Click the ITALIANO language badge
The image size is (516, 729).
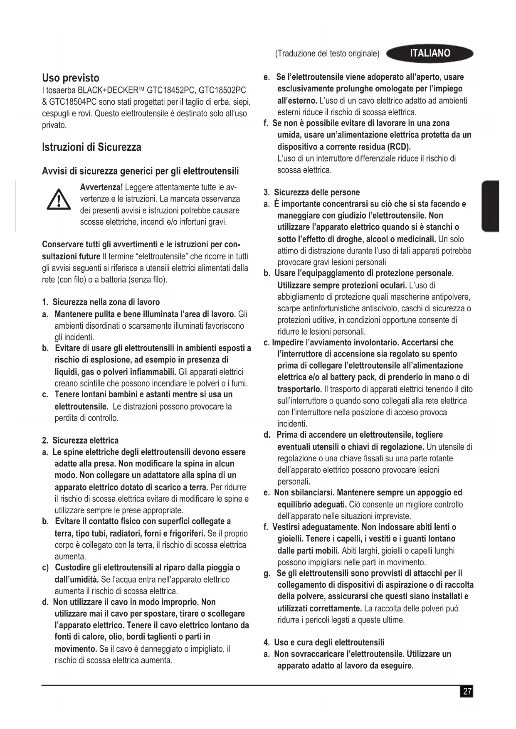[x=430, y=53]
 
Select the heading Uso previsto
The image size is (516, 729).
[x=71, y=78]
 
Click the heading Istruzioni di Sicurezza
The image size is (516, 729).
[x=91, y=147]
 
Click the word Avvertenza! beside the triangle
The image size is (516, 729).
[x=101, y=187]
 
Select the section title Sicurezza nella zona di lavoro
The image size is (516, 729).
[x=106, y=302]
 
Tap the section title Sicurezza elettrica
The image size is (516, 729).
[x=85, y=441]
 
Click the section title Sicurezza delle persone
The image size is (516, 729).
[x=316, y=192]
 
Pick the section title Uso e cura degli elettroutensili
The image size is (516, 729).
[x=329, y=643]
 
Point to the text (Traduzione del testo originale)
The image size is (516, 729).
[x=327, y=54]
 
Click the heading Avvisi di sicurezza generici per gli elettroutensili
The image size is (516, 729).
[x=141, y=171]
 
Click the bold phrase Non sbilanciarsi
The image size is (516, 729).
[x=304, y=493]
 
